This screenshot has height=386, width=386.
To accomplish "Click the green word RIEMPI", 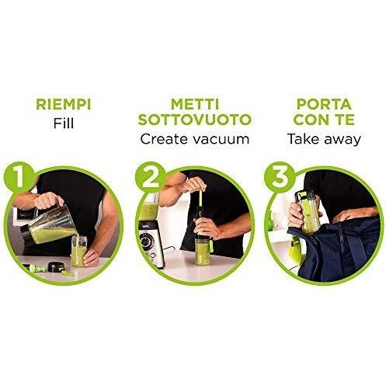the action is (x=64, y=104).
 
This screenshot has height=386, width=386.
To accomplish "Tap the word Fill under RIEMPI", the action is (x=64, y=123).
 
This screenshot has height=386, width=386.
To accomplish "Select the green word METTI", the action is (x=195, y=104).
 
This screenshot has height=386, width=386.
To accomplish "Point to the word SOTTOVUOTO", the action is (x=195, y=120).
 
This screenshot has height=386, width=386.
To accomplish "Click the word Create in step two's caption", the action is (x=165, y=139).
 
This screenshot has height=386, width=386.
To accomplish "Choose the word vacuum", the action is (x=221, y=140).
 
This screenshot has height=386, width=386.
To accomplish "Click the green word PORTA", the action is (x=324, y=104).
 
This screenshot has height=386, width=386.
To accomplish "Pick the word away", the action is (x=341, y=140).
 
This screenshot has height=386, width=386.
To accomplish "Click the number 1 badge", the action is (x=19, y=178).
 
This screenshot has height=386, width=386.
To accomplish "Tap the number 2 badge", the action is (x=151, y=178).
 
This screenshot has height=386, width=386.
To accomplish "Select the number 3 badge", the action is (x=280, y=178).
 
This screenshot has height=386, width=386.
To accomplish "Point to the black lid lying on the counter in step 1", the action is (x=54, y=267).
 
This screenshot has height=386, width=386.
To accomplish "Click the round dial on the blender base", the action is (x=145, y=242).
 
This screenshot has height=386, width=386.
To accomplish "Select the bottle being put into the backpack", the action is (x=308, y=212).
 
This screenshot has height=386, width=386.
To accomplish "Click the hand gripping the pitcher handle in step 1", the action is (x=49, y=200).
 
